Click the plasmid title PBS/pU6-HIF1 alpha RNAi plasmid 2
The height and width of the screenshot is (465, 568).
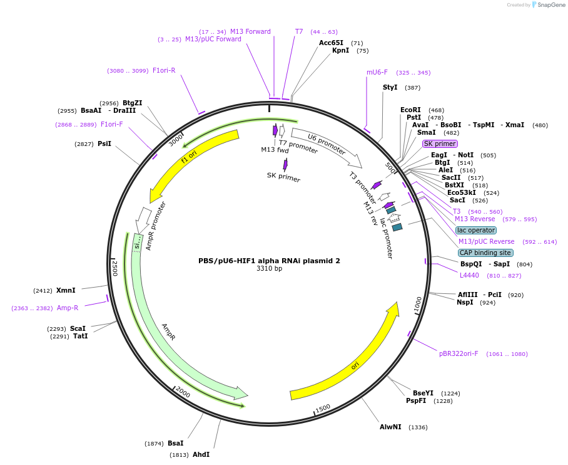pos(269,261)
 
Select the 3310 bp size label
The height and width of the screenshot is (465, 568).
pos(269,269)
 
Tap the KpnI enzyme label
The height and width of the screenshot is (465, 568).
pos(341,51)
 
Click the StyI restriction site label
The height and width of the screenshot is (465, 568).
pos(390,87)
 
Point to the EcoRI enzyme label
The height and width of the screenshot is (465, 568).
pos(410,110)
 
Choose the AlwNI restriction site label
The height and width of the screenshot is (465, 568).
pos(390,427)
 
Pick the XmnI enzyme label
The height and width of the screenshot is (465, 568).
pos(66,290)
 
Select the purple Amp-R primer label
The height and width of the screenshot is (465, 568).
pos(68,308)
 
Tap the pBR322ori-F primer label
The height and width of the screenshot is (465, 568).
pos(459,353)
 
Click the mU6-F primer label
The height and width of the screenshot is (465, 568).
pos(377,72)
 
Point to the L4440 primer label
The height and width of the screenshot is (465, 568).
pos(469,275)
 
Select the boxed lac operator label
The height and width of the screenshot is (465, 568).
pos(475,230)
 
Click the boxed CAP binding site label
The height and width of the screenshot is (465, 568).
pos(485,253)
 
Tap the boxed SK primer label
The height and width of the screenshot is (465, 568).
pos(440,144)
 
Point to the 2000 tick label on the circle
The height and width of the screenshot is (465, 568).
pos(183,392)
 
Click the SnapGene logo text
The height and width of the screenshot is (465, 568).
pos(550,5)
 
